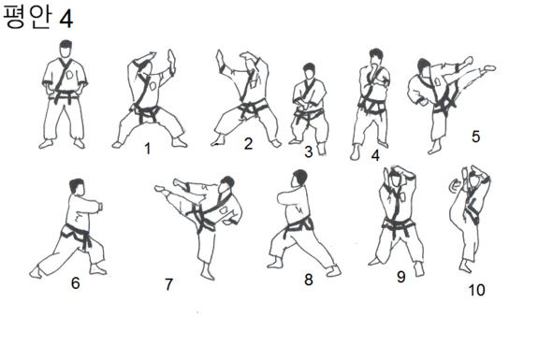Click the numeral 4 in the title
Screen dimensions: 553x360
[x=65, y=19]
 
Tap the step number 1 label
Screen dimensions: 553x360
[x=148, y=148]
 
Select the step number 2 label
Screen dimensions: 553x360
[x=248, y=143]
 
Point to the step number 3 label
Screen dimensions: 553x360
[x=308, y=151]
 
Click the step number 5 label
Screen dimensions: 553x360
[x=475, y=137]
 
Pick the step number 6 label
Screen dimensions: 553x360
[x=76, y=282]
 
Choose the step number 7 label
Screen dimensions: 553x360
[x=169, y=284]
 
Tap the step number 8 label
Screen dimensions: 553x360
[x=308, y=280]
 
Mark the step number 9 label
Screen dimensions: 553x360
[x=401, y=277]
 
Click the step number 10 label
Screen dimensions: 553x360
[x=476, y=290]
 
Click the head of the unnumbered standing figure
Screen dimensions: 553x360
[x=65, y=49]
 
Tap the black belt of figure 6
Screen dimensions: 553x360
[x=77, y=235]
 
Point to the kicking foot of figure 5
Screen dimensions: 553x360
[x=490, y=67]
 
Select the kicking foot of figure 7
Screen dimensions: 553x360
[x=160, y=189]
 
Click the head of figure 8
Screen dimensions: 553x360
[x=298, y=179]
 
